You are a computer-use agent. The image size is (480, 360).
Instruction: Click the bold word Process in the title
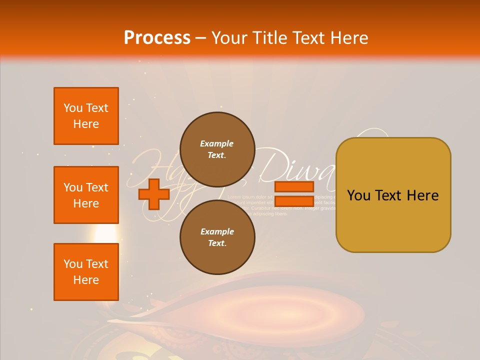click(x=157, y=38)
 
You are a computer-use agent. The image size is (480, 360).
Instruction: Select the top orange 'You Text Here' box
click(x=86, y=116)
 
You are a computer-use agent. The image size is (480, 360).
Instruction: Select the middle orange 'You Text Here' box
click(x=86, y=195)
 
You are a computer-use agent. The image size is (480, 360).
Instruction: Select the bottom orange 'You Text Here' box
click(x=86, y=272)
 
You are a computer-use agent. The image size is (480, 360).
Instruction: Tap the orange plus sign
click(x=154, y=194)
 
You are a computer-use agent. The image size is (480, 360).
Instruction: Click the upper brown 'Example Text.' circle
click(x=217, y=149)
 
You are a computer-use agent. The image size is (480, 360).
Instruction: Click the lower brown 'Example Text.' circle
click(x=217, y=237)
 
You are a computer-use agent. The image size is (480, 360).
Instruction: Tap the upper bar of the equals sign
click(x=294, y=187)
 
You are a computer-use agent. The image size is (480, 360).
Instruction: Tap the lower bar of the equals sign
click(x=294, y=201)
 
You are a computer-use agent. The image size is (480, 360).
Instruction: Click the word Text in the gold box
click(x=393, y=195)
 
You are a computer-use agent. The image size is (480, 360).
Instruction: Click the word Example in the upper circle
click(x=217, y=143)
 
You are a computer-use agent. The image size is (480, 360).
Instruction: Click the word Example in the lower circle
click(x=217, y=231)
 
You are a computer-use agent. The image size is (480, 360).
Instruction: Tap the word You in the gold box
click(x=358, y=195)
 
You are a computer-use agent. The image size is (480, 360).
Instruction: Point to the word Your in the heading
click(x=229, y=38)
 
